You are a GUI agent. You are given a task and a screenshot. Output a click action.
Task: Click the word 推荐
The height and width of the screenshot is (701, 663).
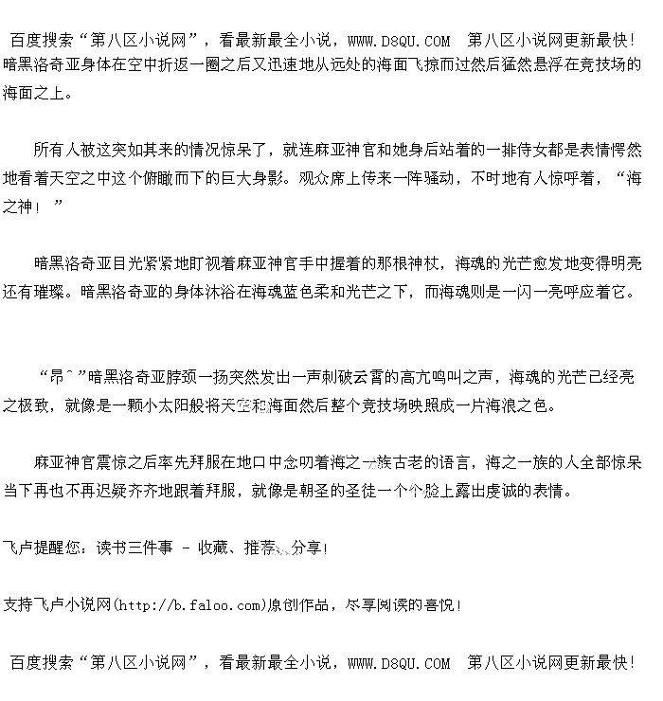[x=261, y=548]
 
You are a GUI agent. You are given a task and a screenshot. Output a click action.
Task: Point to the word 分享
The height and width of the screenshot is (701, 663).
[x=308, y=548]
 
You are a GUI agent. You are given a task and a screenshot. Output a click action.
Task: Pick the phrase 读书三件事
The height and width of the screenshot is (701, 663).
[x=135, y=548]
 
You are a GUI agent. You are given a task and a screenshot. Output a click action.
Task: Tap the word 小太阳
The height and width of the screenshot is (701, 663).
[x=167, y=405]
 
